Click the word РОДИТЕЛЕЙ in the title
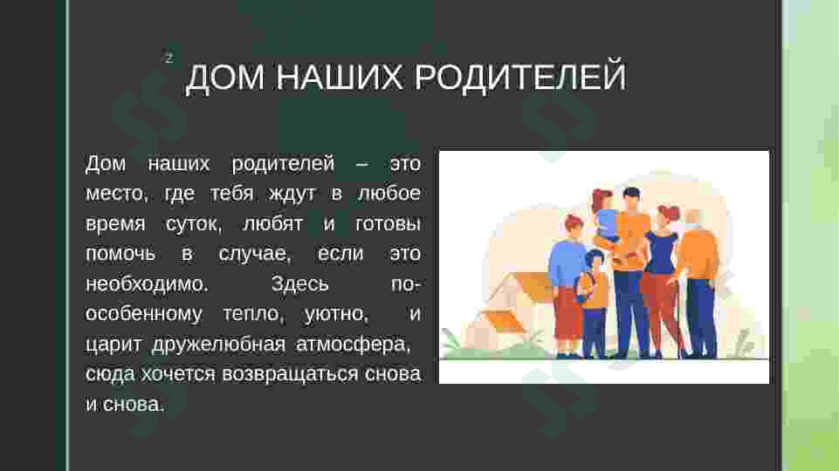pyautogui.click(x=520, y=77)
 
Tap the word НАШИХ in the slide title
pyautogui.click(x=340, y=77)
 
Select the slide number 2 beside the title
pyautogui.click(x=169, y=58)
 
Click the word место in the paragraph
pyautogui.click(x=116, y=194)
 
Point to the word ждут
pyautogui.click(x=292, y=194)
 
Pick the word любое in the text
pyautogui.click(x=389, y=193)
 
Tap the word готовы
pyautogui.click(x=388, y=223)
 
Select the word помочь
pyautogui.click(x=120, y=254)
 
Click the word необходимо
pyautogui.click(x=147, y=283)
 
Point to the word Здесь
pyautogui.click(x=299, y=283)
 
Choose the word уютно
pyautogui.click(x=337, y=314)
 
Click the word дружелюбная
pyautogui.click(x=219, y=344)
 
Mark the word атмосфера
pyautogui.click(x=354, y=344)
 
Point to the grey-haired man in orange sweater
pyautogui.click(x=698, y=283)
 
